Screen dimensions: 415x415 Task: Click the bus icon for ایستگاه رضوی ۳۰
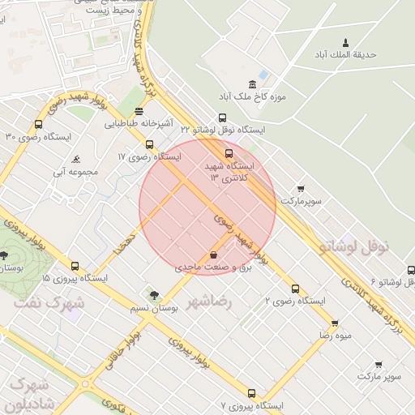coord(38,125)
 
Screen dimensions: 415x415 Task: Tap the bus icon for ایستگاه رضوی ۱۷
coord(149,144)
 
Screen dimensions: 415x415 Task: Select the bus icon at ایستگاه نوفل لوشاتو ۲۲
coord(222,118)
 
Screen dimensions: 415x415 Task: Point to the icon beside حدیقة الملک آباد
coord(346,42)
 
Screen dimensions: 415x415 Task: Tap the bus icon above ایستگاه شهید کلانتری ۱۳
coord(229,153)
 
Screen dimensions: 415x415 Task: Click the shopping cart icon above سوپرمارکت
coord(301,188)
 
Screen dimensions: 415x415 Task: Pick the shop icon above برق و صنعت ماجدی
coord(213,255)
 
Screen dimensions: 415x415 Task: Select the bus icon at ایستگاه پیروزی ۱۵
coord(75,266)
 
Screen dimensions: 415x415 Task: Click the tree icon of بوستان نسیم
coord(154,296)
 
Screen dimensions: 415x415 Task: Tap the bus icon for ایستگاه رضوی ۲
coord(294,289)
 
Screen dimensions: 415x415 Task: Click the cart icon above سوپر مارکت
coord(379,365)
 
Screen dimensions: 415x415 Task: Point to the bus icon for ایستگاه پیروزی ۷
coord(251,393)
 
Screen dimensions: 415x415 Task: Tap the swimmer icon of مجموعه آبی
coord(75,159)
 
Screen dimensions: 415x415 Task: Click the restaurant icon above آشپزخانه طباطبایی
coord(139,111)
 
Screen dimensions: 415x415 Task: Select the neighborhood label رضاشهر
coord(209,302)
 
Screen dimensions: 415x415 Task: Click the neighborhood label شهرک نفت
coord(49,302)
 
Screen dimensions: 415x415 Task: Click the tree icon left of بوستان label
coord(4,255)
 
